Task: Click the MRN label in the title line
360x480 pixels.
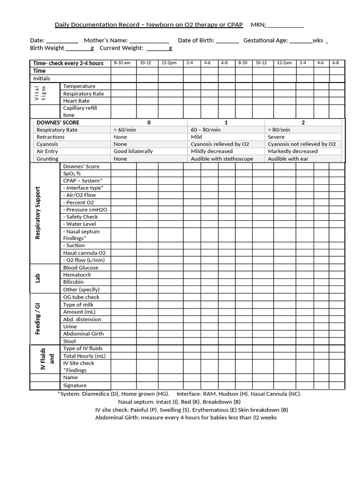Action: click(258, 25)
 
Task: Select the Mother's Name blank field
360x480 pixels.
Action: click(149, 41)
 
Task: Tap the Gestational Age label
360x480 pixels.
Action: click(265, 40)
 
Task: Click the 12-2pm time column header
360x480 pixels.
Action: click(169, 63)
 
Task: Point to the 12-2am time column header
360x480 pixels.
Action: click(284, 63)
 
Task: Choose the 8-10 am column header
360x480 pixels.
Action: click(122, 63)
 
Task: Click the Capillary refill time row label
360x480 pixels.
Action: click(80, 111)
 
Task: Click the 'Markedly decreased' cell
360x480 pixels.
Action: click(292, 151)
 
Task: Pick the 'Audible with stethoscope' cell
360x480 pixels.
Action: click(222, 159)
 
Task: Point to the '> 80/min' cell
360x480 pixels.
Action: click(279, 130)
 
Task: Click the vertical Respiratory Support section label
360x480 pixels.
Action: click(38, 213)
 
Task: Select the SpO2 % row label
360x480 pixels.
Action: click(72, 173)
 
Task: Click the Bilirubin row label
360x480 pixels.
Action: click(74, 282)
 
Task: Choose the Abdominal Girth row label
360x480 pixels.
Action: click(83, 334)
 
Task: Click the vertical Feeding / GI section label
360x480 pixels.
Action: click(38, 319)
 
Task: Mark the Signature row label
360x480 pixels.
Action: click(75, 385)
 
